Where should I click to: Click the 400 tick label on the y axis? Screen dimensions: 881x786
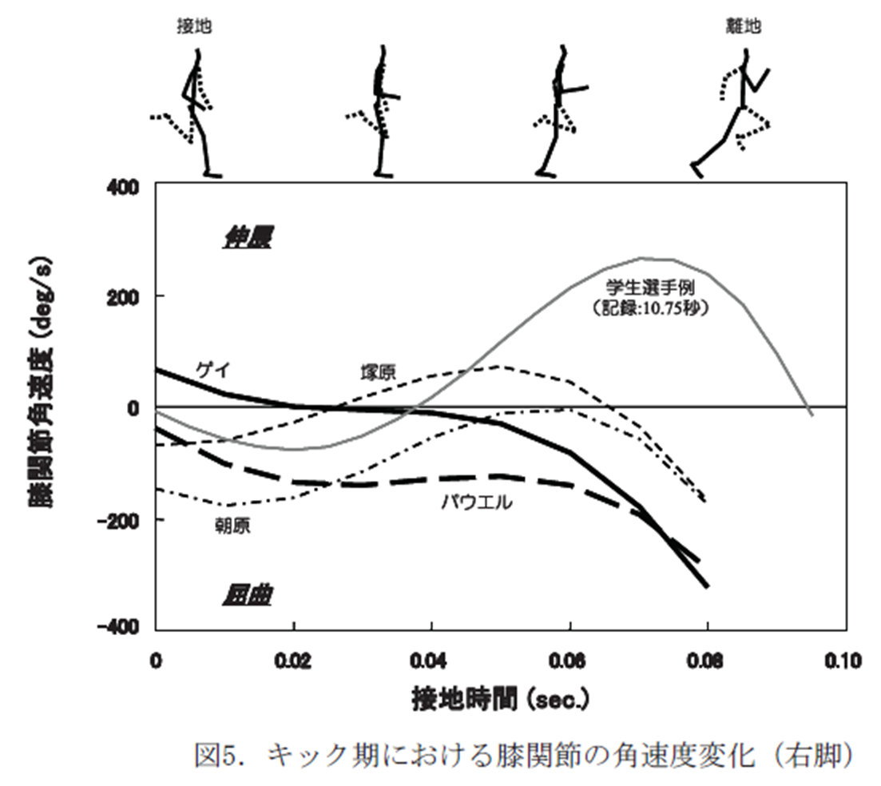[x=122, y=187]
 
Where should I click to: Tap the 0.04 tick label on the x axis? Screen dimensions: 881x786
[x=428, y=661]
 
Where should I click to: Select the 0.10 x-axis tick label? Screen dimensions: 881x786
[x=843, y=661]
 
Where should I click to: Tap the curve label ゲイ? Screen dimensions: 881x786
[x=213, y=370]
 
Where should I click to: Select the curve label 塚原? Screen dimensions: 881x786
[x=378, y=372]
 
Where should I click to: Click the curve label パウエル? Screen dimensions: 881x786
[x=477, y=502]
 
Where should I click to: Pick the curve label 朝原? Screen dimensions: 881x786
[x=233, y=526]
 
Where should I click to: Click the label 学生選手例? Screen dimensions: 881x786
[x=650, y=288]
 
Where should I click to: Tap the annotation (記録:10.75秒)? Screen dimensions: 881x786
[x=650, y=308]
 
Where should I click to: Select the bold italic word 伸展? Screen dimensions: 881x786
[x=247, y=238]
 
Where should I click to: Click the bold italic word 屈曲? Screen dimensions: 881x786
[x=247, y=595]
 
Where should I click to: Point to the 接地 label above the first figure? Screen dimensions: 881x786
[x=194, y=26]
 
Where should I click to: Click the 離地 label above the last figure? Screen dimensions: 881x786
[x=744, y=26]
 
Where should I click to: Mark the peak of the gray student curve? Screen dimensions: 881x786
[x=643, y=258]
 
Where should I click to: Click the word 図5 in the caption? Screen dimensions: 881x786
[x=218, y=755]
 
